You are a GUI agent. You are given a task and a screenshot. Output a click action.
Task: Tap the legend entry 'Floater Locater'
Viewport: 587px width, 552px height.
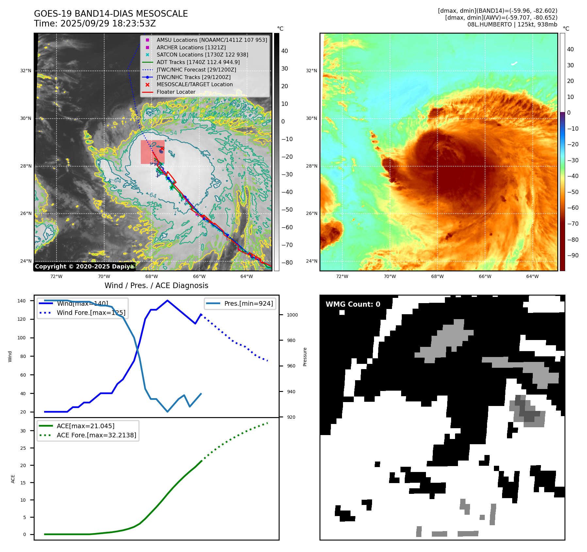pyautogui.click(x=176, y=92)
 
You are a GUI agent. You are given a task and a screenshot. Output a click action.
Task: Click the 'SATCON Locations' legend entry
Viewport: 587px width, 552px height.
pyautogui.click(x=202, y=55)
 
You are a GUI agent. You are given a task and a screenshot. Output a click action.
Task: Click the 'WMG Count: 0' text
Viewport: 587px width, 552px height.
pyautogui.click(x=353, y=304)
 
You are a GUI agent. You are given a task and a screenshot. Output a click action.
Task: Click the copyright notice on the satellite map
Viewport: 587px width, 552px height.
pyautogui.click(x=84, y=267)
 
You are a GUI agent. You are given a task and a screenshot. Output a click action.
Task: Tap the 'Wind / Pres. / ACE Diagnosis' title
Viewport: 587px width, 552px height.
pyautogui.click(x=156, y=285)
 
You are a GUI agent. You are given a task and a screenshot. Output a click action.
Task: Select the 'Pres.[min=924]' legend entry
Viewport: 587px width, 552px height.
pyautogui.click(x=248, y=303)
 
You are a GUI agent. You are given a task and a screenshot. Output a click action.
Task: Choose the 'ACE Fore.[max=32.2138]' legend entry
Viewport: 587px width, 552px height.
pyautogui.click(x=96, y=435)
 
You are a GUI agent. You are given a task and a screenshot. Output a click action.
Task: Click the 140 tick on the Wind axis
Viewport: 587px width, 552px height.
pyautogui.click(x=22, y=301)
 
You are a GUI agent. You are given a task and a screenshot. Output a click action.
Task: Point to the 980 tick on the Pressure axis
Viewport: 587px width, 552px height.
pyautogui.click(x=291, y=340)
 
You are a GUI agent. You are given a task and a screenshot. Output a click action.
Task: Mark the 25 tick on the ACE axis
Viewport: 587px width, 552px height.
pyautogui.click(x=23, y=448)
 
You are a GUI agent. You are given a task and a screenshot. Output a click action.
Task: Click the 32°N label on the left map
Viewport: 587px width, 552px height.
pyautogui.click(x=26, y=71)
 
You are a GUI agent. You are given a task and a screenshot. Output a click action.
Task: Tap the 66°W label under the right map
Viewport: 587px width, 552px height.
pyautogui.click(x=485, y=276)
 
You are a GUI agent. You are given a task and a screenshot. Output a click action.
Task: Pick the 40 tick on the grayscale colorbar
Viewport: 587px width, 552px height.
pyautogui.click(x=285, y=51)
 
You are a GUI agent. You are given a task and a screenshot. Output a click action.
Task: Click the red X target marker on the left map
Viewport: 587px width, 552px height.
pyautogui.click(x=162, y=148)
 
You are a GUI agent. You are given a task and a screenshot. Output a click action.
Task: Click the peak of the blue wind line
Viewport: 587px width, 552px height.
pyautogui.click(x=167, y=300)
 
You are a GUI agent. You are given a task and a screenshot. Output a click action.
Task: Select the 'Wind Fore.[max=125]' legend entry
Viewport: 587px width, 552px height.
pyautogui.click(x=91, y=313)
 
